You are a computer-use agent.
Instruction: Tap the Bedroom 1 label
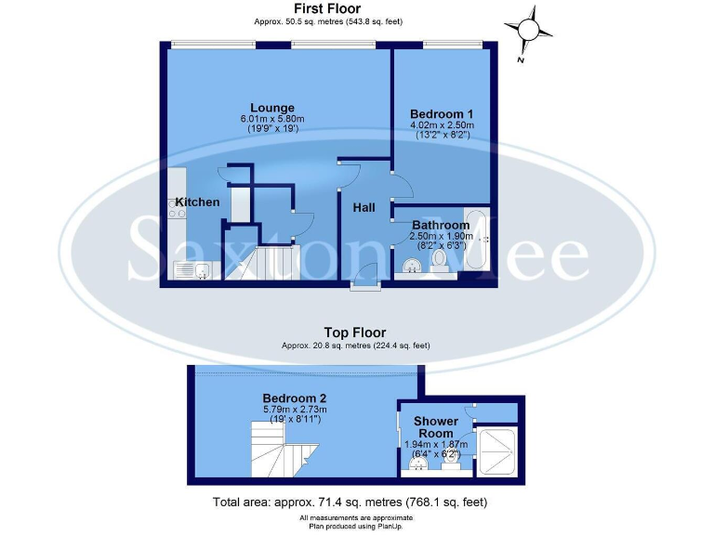[x=442, y=113]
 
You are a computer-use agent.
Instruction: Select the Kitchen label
[x=197, y=202]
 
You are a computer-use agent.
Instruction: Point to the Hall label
[x=364, y=207]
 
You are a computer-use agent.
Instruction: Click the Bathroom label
[x=441, y=225]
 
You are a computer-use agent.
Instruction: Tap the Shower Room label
[x=436, y=427]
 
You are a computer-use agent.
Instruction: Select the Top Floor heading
[x=354, y=332]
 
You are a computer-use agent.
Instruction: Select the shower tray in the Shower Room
[x=496, y=453]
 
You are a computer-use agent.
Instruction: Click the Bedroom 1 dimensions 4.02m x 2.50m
[x=442, y=125]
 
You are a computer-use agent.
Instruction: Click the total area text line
[x=350, y=502]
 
